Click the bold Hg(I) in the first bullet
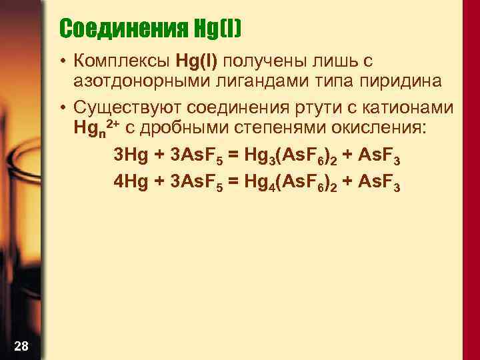[x=198, y=62]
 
